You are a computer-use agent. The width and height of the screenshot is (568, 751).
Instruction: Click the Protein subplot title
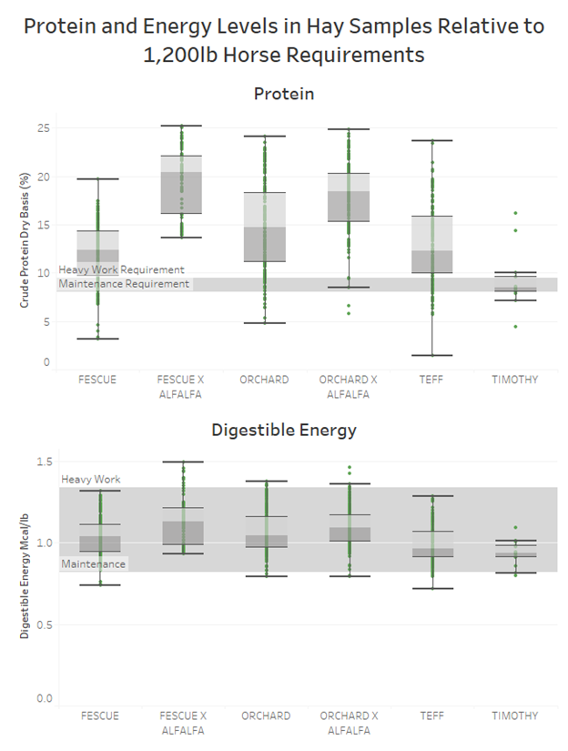coord(283,94)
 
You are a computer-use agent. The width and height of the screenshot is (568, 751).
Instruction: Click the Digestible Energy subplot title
coord(283,430)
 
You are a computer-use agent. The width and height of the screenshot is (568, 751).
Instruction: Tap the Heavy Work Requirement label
coord(121,269)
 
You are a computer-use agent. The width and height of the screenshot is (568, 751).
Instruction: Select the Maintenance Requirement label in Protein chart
coord(125,284)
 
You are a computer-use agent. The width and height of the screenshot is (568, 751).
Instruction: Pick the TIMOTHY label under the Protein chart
coord(515,380)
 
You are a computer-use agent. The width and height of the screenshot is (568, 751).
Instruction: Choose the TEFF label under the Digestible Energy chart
coord(432,716)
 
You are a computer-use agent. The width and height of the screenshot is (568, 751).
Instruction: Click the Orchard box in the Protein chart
coord(265,227)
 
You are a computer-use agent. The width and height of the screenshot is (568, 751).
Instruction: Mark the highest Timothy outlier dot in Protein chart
coord(515,213)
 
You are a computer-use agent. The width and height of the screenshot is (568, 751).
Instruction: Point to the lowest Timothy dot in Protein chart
coord(515,326)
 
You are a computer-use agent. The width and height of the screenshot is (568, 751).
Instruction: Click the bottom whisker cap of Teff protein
coord(432,355)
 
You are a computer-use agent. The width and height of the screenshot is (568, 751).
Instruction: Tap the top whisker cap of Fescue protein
coord(97,178)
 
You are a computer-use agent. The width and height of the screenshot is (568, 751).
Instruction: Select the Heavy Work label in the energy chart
coord(91,480)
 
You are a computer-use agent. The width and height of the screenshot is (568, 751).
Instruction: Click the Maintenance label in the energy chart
coord(94,564)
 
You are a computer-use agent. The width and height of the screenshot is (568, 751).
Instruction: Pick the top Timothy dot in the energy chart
coord(515,527)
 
